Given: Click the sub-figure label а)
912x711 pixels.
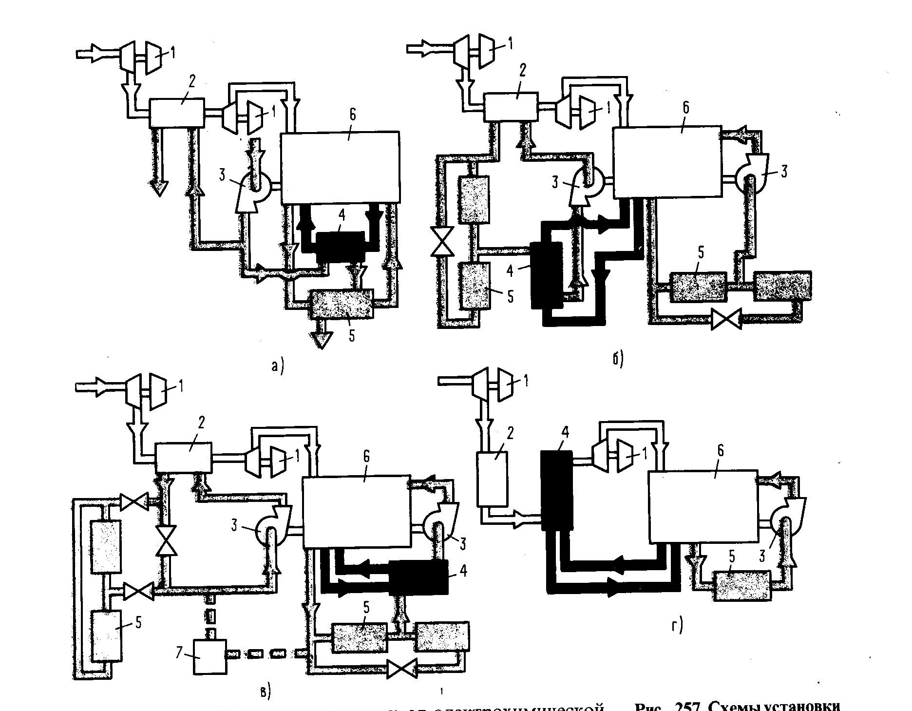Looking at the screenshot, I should coord(277,365).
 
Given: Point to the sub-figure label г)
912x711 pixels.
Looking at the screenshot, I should coord(676,625).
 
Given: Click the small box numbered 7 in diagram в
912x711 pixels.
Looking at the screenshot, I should coord(210,657).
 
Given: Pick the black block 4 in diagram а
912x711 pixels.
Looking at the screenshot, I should coord(341,246).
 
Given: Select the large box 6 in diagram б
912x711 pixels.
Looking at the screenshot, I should coord(666,163).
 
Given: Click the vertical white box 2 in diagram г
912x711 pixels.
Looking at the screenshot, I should coord(493,479).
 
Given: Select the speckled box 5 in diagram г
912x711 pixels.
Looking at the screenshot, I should coord(741,585).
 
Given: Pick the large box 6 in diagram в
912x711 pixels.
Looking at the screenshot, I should coord(355,512).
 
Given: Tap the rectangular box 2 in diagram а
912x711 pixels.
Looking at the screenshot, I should coord(176,113).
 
